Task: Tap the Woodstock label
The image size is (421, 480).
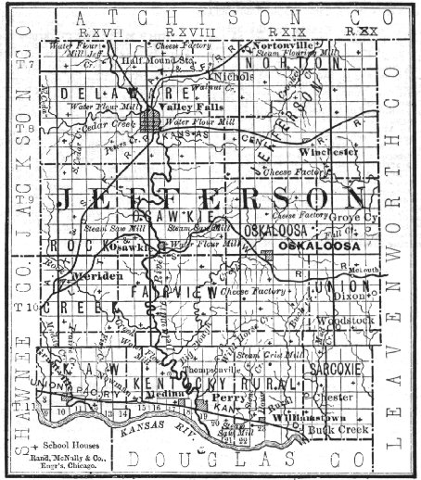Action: tap(344, 320)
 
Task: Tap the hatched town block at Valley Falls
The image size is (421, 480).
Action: tap(153, 121)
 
